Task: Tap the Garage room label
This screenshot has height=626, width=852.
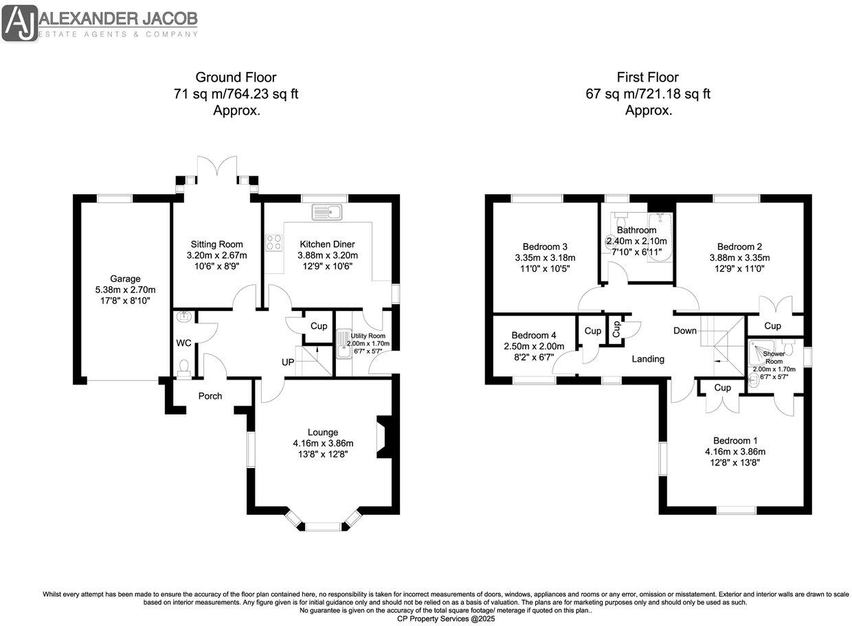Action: tap(125, 279)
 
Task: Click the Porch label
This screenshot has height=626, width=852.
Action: tap(210, 395)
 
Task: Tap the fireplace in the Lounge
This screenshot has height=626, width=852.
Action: tap(382, 437)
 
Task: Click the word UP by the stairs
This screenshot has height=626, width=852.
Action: tap(289, 361)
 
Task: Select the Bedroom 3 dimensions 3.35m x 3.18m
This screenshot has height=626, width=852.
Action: tap(545, 258)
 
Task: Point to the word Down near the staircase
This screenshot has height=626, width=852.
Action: tap(685, 331)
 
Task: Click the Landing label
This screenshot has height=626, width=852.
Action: tap(648, 359)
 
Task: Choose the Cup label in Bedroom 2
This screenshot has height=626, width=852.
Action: tap(773, 326)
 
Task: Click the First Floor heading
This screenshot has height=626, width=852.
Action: tap(648, 77)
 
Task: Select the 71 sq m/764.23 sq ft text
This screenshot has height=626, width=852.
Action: tap(236, 93)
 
